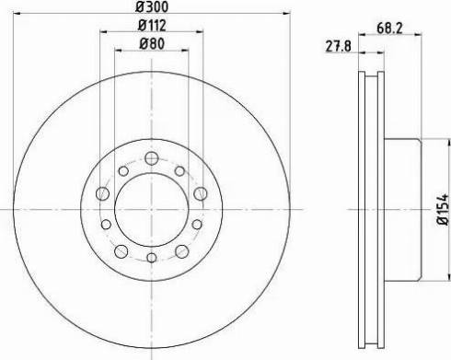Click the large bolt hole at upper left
(x=103, y=193)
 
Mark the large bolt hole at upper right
(x=201, y=193)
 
